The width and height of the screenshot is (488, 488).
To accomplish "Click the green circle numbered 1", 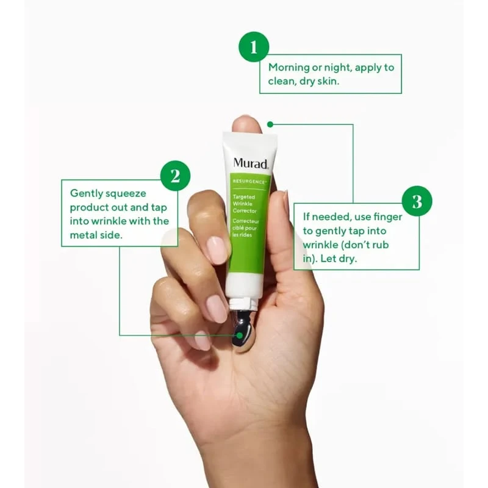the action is [254, 47].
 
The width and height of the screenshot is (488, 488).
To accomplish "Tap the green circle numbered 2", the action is [175, 176].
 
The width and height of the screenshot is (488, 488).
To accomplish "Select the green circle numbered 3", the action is [417, 201].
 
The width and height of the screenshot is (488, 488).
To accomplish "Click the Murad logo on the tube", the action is [251, 163].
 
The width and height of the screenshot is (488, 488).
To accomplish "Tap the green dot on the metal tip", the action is [239, 335].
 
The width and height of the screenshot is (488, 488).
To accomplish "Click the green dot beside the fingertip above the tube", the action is [270, 124].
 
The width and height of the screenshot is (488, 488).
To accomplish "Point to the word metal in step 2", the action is [82, 235].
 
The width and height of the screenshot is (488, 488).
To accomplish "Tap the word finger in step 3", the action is [387, 217].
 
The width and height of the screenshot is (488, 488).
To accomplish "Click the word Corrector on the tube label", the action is [245, 210].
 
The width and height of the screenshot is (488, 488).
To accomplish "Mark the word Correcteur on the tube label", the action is [246, 221].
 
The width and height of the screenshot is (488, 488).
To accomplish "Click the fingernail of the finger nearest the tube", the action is [217, 249].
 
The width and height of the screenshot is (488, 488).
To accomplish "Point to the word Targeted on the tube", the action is [244, 197].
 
